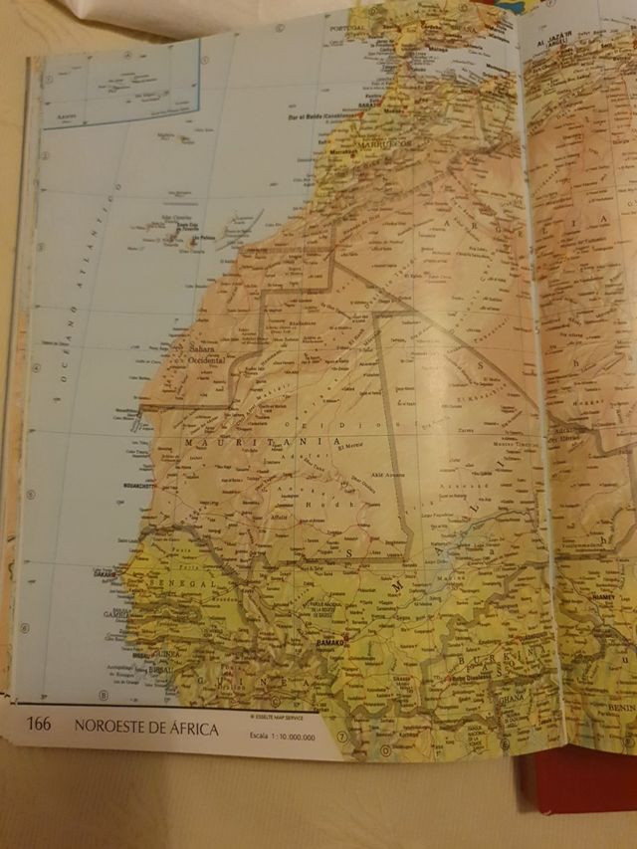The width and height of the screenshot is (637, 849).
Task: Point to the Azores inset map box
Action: pos(119,90)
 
